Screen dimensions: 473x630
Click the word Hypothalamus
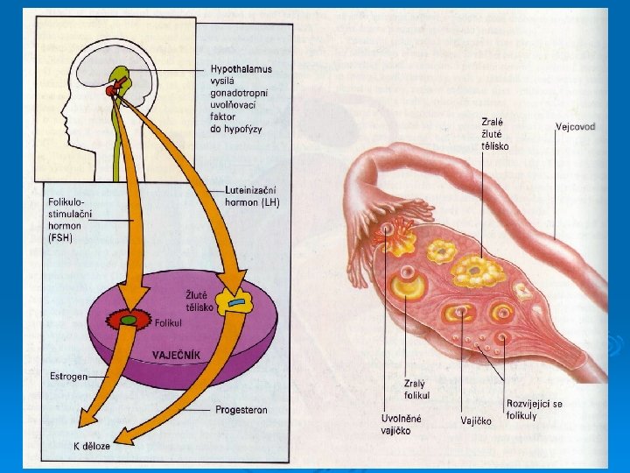coord(241,68)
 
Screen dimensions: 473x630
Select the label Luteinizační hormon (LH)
coord(248,196)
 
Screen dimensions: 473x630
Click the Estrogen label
coord(68,378)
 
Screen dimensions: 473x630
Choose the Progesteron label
coord(241,409)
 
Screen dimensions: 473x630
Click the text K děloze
coord(91,446)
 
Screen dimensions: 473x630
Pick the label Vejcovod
coord(575,126)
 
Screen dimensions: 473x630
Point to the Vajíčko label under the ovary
coord(476,420)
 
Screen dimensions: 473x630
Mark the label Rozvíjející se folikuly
coord(534,409)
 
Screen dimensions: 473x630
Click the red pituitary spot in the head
coord(112,89)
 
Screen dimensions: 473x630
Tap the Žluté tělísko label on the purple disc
coord(199,300)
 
